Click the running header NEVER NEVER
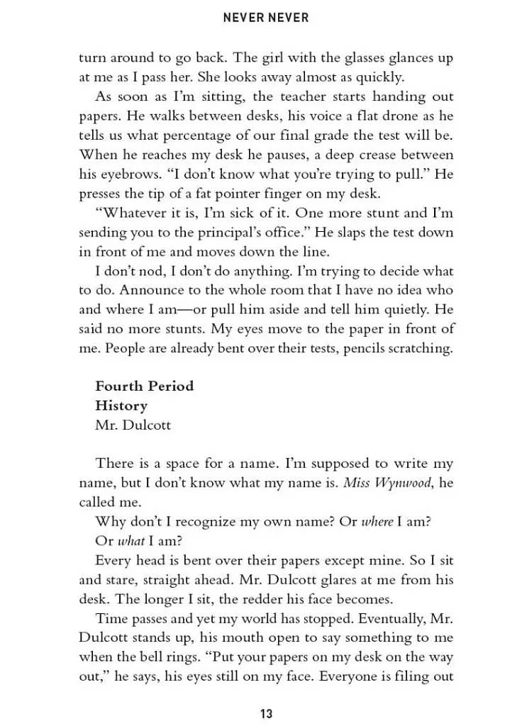[x=266, y=18]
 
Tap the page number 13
[x=266, y=713]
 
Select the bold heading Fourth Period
[x=144, y=386]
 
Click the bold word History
[x=121, y=406]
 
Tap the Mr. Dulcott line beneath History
[x=133, y=425]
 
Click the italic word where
[x=377, y=522]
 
